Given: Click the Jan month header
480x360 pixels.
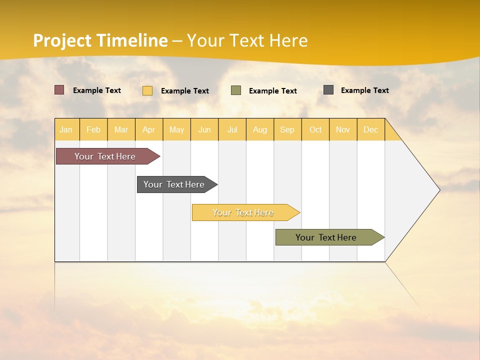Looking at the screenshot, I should click(66, 129).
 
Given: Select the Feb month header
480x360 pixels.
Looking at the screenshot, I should click(93, 129).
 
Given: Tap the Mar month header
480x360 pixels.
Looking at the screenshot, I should click(121, 129).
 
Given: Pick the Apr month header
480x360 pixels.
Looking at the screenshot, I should click(149, 129).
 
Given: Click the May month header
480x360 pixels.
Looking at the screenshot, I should click(176, 129).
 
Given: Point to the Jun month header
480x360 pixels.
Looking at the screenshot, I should click(204, 129).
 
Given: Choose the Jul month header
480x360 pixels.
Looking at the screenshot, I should click(232, 129).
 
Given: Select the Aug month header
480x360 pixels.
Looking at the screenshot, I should click(260, 129).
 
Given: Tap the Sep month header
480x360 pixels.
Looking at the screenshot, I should click(287, 129).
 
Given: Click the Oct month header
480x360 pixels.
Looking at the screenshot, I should click(315, 129).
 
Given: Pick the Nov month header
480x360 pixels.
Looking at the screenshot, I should click(343, 129).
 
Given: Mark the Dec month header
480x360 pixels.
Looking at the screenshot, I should click(371, 129).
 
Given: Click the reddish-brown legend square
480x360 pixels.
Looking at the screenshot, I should click(59, 90).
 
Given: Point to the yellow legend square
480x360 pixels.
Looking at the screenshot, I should click(147, 90).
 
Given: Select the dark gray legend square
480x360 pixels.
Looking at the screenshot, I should click(328, 90).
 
